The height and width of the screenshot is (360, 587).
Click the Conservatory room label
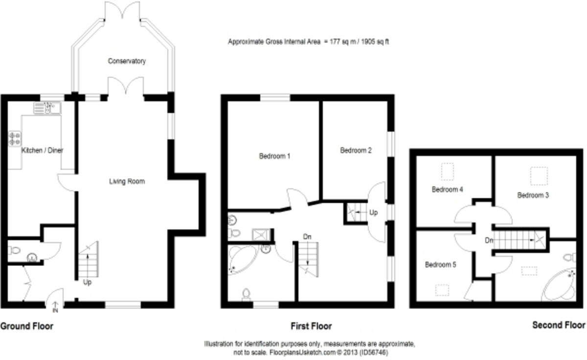(x=127, y=61)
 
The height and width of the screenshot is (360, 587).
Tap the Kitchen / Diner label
(x=43, y=150)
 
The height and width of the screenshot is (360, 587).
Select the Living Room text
(x=127, y=181)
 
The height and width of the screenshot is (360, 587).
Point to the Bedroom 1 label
(x=275, y=157)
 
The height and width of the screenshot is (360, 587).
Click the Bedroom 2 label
(x=356, y=151)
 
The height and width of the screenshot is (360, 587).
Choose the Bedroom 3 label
(x=533, y=195)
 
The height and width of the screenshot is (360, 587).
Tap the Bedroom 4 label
(x=447, y=189)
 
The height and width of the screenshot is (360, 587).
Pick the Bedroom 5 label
(x=440, y=265)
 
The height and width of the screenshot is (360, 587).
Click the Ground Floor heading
(x=27, y=326)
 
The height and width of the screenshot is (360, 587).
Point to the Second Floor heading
(x=559, y=325)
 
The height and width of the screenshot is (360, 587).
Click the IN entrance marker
(x=55, y=310)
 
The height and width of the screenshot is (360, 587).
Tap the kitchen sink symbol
(x=47, y=108)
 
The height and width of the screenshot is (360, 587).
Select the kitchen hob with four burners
(x=14, y=138)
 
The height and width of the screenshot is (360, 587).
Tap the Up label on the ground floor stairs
(x=88, y=282)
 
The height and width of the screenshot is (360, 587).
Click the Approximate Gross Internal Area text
(x=308, y=42)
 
